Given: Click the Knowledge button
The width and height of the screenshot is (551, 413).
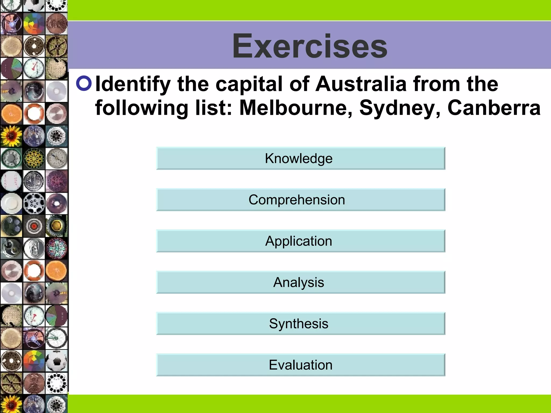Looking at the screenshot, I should (301, 158).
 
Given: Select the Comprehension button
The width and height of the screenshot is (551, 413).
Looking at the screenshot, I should (301, 200).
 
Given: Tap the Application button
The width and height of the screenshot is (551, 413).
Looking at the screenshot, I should (301, 241).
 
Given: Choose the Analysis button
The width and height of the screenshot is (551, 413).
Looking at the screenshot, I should (301, 282).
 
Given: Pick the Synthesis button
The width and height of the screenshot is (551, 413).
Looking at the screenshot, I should (301, 323).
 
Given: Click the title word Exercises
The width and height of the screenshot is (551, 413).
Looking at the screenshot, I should (309, 46).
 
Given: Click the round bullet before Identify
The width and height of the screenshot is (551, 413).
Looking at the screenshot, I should (84, 83).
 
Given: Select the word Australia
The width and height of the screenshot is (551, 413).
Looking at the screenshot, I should (361, 84).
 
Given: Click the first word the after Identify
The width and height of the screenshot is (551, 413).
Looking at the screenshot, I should (193, 84).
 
